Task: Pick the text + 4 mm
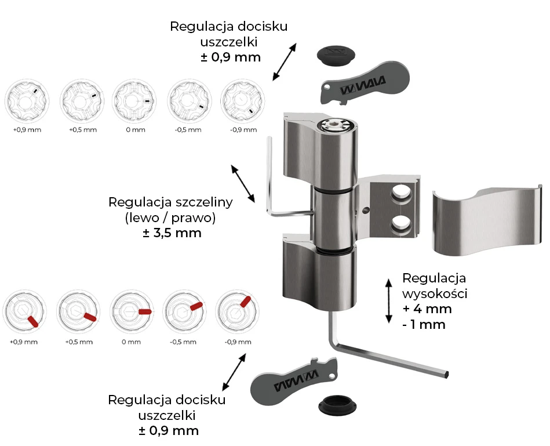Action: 427,309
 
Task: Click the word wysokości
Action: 435,293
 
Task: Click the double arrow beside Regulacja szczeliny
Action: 243,183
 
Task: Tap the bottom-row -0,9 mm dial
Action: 236,312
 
